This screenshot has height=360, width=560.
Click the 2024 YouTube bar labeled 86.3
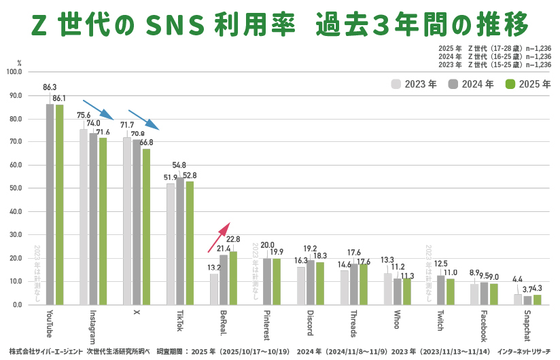pyautogui.click(x=50, y=204)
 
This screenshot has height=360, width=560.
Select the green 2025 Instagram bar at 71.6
pyautogui.click(x=103, y=221)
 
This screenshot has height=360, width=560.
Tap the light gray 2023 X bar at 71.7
pyautogui.click(x=127, y=221)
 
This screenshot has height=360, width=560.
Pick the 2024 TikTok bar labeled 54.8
pyautogui.click(x=180, y=240)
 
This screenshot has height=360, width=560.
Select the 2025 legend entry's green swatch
pyautogui.click(x=511, y=84)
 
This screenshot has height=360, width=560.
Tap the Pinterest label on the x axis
pyautogui.click(x=267, y=325)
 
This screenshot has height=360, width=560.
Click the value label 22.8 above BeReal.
pyautogui.click(x=233, y=239)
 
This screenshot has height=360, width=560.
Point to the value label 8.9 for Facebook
pyautogui.click(x=474, y=272)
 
